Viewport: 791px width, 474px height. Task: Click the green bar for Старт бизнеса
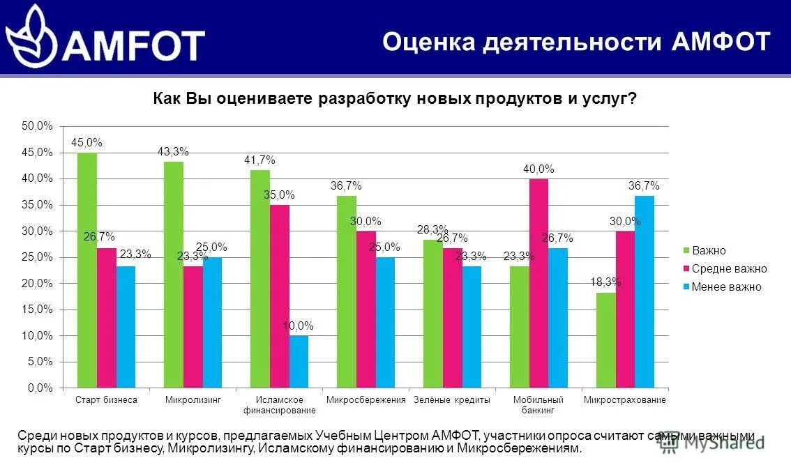coord(87,270)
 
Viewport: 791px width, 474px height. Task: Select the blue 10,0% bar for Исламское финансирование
coord(299,361)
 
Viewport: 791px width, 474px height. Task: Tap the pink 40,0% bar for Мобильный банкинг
coord(538,283)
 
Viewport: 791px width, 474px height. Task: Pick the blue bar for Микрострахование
coord(645,291)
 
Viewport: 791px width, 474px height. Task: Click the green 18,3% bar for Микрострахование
coord(606,339)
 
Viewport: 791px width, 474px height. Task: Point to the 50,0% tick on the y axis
coord(37,126)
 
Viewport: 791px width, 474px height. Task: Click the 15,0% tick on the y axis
coord(37,309)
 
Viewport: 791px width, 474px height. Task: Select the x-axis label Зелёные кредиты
coord(452,400)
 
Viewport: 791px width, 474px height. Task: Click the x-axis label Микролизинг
coord(193,400)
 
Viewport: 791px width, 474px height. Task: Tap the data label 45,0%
coord(86,142)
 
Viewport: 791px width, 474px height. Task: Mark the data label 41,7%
coord(259,160)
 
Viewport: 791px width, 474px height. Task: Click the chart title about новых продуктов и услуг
coord(395,98)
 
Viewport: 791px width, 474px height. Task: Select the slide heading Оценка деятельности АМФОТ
coord(576,42)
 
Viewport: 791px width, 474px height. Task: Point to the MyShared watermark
coord(711,441)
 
